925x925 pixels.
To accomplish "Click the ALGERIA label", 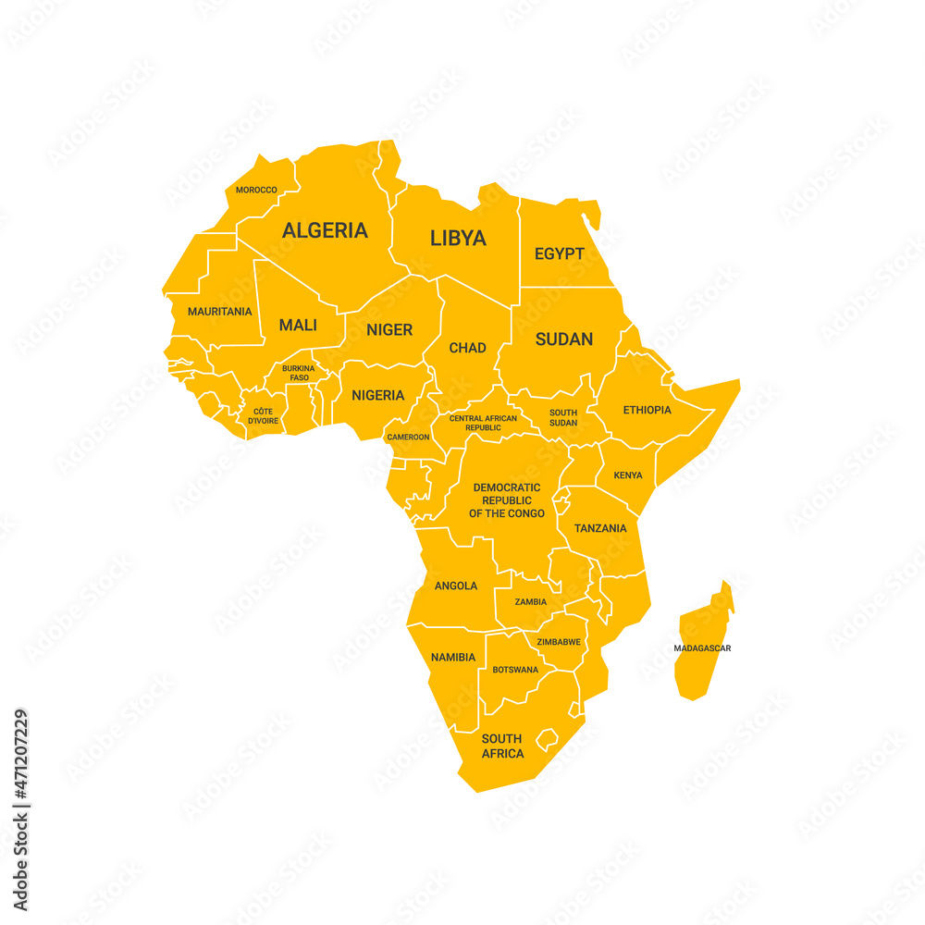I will [325, 230].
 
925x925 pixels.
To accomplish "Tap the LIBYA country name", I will [458, 238].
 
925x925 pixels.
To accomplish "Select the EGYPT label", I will [560, 253].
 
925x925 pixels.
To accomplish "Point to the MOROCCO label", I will [256, 190].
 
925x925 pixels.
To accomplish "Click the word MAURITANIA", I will [220, 312].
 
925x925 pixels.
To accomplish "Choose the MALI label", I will [298, 326].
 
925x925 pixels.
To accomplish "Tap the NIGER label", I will [389, 329].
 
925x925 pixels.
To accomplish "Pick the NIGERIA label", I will [377, 395].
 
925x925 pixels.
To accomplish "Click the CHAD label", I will [467, 348].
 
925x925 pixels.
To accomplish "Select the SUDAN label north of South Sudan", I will [564, 339].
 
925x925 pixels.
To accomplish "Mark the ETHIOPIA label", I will [647, 410].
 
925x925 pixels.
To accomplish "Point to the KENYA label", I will [628, 475].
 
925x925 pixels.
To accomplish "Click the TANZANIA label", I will [600, 528].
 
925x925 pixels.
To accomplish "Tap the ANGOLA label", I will [456, 586].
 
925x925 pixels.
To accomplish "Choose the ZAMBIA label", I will [531, 601].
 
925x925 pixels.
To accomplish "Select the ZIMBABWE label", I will [559, 641].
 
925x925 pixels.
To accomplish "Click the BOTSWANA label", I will [515, 670].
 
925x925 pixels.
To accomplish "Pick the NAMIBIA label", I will [453, 658].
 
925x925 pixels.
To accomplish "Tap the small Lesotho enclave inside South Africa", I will [549, 739].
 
